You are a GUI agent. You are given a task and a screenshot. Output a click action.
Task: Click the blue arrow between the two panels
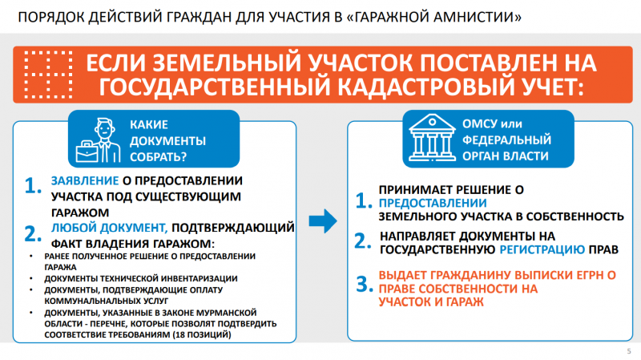click(x=323, y=221)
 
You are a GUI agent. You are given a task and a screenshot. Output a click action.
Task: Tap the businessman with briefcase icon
click(x=99, y=140)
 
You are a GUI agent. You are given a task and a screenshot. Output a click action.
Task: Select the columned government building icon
click(x=432, y=137)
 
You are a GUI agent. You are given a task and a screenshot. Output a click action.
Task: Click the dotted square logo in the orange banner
click(x=48, y=75)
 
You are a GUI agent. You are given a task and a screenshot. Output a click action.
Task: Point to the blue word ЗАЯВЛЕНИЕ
click(x=85, y=180)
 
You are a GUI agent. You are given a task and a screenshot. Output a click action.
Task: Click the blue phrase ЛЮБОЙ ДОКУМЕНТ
click(x=109, y=228)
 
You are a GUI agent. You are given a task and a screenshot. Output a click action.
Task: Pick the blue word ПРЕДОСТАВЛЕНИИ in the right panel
click(x=433, y=203)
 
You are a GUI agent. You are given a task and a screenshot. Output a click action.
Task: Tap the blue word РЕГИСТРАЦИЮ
click(x=542, y=249)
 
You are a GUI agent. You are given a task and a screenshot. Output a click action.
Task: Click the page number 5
click(x=629, y=351)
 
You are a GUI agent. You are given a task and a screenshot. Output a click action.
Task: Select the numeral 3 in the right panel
click(x=365, y=284)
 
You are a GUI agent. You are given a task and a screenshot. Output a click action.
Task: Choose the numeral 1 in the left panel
click(x=33, y=185)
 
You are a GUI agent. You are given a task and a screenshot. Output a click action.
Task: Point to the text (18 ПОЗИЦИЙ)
click(x=202, y=334)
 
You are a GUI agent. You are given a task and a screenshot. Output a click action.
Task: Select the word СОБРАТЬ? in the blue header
click(x=158, y=156)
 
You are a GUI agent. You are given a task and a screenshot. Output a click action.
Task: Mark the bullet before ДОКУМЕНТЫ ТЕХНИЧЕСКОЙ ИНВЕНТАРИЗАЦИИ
click(x=31, y=278)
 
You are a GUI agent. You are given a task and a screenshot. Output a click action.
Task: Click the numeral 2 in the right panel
click(x=363, y=241)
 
